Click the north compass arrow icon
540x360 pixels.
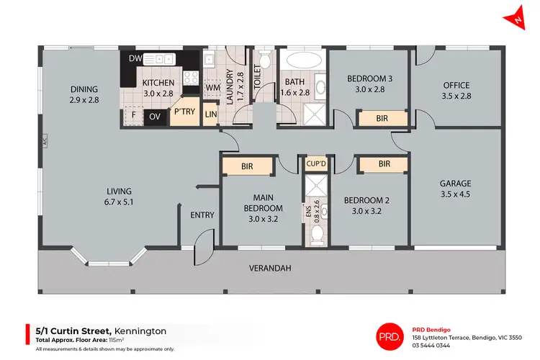(518, 19)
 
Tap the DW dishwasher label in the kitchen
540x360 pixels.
(135, 58)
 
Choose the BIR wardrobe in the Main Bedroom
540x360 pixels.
(247, 166)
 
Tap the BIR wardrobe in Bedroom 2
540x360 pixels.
(384, 164)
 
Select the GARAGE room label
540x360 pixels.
(455, 183)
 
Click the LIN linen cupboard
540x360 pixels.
(210, 115)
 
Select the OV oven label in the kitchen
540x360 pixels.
(155, 115)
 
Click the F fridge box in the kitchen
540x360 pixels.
(132, 115)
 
